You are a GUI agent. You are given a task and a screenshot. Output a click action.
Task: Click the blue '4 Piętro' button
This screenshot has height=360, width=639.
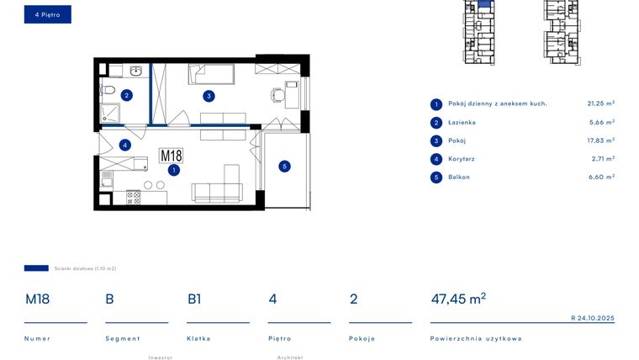tap(47, 14)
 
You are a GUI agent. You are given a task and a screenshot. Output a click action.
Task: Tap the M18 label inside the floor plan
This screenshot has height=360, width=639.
tap(172, 156)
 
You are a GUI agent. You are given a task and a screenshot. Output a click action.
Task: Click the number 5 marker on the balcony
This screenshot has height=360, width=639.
tap(284, 167)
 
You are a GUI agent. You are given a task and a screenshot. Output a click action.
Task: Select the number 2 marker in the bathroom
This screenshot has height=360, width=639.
tap(126, 95)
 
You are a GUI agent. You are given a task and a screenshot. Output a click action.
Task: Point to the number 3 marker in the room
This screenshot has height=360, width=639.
tap(208, 95)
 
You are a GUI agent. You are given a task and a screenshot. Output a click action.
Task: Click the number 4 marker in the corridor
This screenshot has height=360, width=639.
tap(124, 145)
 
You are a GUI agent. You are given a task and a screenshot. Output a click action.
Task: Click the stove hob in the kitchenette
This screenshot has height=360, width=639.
tap(133, 198)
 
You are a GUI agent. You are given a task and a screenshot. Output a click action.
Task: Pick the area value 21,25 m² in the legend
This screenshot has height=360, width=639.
tap(600, 103)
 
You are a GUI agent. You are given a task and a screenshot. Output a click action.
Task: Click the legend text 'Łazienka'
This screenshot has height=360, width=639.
tap(462, 122)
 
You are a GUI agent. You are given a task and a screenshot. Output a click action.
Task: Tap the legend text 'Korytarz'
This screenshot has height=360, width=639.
tap(462, 158)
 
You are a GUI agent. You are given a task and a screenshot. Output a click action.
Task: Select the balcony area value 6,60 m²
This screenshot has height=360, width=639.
tap(600, 177)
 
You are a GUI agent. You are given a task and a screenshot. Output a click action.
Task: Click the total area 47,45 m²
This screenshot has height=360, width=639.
tap(458, 299)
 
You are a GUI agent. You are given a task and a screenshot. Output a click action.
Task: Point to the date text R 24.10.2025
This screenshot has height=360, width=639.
tap(592, 318)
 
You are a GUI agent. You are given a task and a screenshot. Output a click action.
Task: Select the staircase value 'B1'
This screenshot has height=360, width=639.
tap(194, 299)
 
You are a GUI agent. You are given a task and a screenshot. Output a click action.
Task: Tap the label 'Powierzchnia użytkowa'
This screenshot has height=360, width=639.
tap(475, 338)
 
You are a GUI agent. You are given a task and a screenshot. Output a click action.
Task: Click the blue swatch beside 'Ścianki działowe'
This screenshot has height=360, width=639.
tap(36, 268)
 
